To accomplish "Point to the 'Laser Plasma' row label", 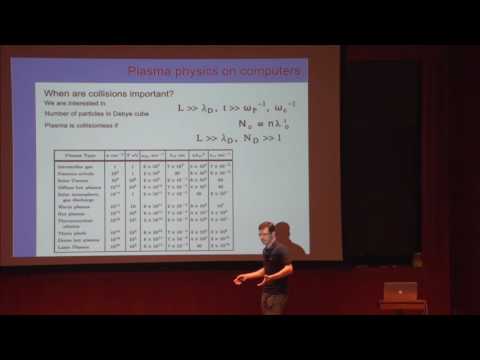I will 80,244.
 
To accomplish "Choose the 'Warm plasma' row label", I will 79,204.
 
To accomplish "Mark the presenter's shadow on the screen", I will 287,239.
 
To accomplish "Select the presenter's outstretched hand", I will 239,279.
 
